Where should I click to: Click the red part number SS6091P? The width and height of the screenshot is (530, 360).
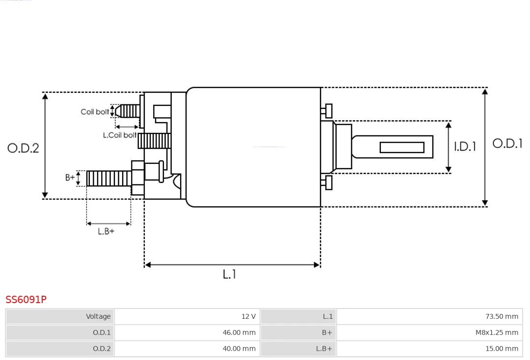[x=26, y=299]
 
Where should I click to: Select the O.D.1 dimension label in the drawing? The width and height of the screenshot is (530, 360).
[x=507, y=144]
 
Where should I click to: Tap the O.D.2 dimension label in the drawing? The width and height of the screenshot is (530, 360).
[x=23, y=148]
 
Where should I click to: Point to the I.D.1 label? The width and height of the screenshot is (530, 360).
[x=464, y=146]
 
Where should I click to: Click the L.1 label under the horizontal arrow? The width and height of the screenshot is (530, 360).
[x=229, y=274]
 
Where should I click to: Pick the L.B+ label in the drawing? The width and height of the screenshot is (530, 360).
[x=106, y=231]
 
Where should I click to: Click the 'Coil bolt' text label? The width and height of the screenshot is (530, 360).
[x=95, y=112]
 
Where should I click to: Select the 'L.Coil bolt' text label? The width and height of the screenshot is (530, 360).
[x=120, y=135]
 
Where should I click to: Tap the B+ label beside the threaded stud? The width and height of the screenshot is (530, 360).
[x=70, y=178]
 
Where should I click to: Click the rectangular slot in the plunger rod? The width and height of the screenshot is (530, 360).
[x=402, y=147]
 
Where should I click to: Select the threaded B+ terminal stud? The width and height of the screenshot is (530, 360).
[x=108, y=179]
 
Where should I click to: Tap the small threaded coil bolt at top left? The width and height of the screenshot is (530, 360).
[x=129, y=111]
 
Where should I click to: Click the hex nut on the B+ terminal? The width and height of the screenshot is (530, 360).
[x=138, y=178]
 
